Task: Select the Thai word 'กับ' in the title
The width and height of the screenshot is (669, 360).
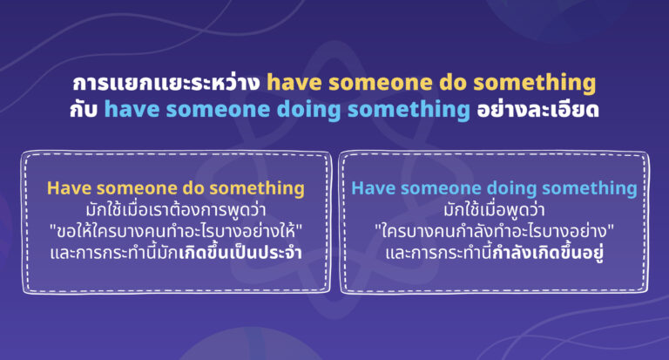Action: click(x=85, y=111)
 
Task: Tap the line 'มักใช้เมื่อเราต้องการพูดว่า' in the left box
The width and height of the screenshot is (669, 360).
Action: click(x=177, y=210)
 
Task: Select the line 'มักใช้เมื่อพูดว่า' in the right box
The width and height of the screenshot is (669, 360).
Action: click(x=494, y=210)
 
